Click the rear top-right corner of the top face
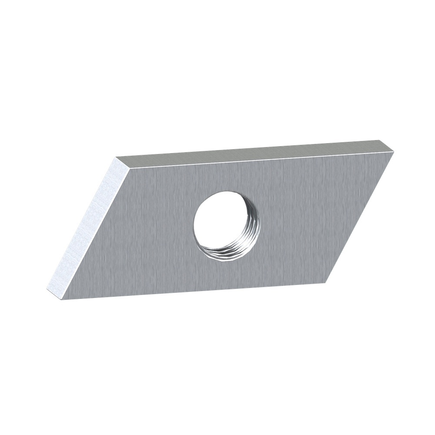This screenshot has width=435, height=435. click(380, 140)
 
